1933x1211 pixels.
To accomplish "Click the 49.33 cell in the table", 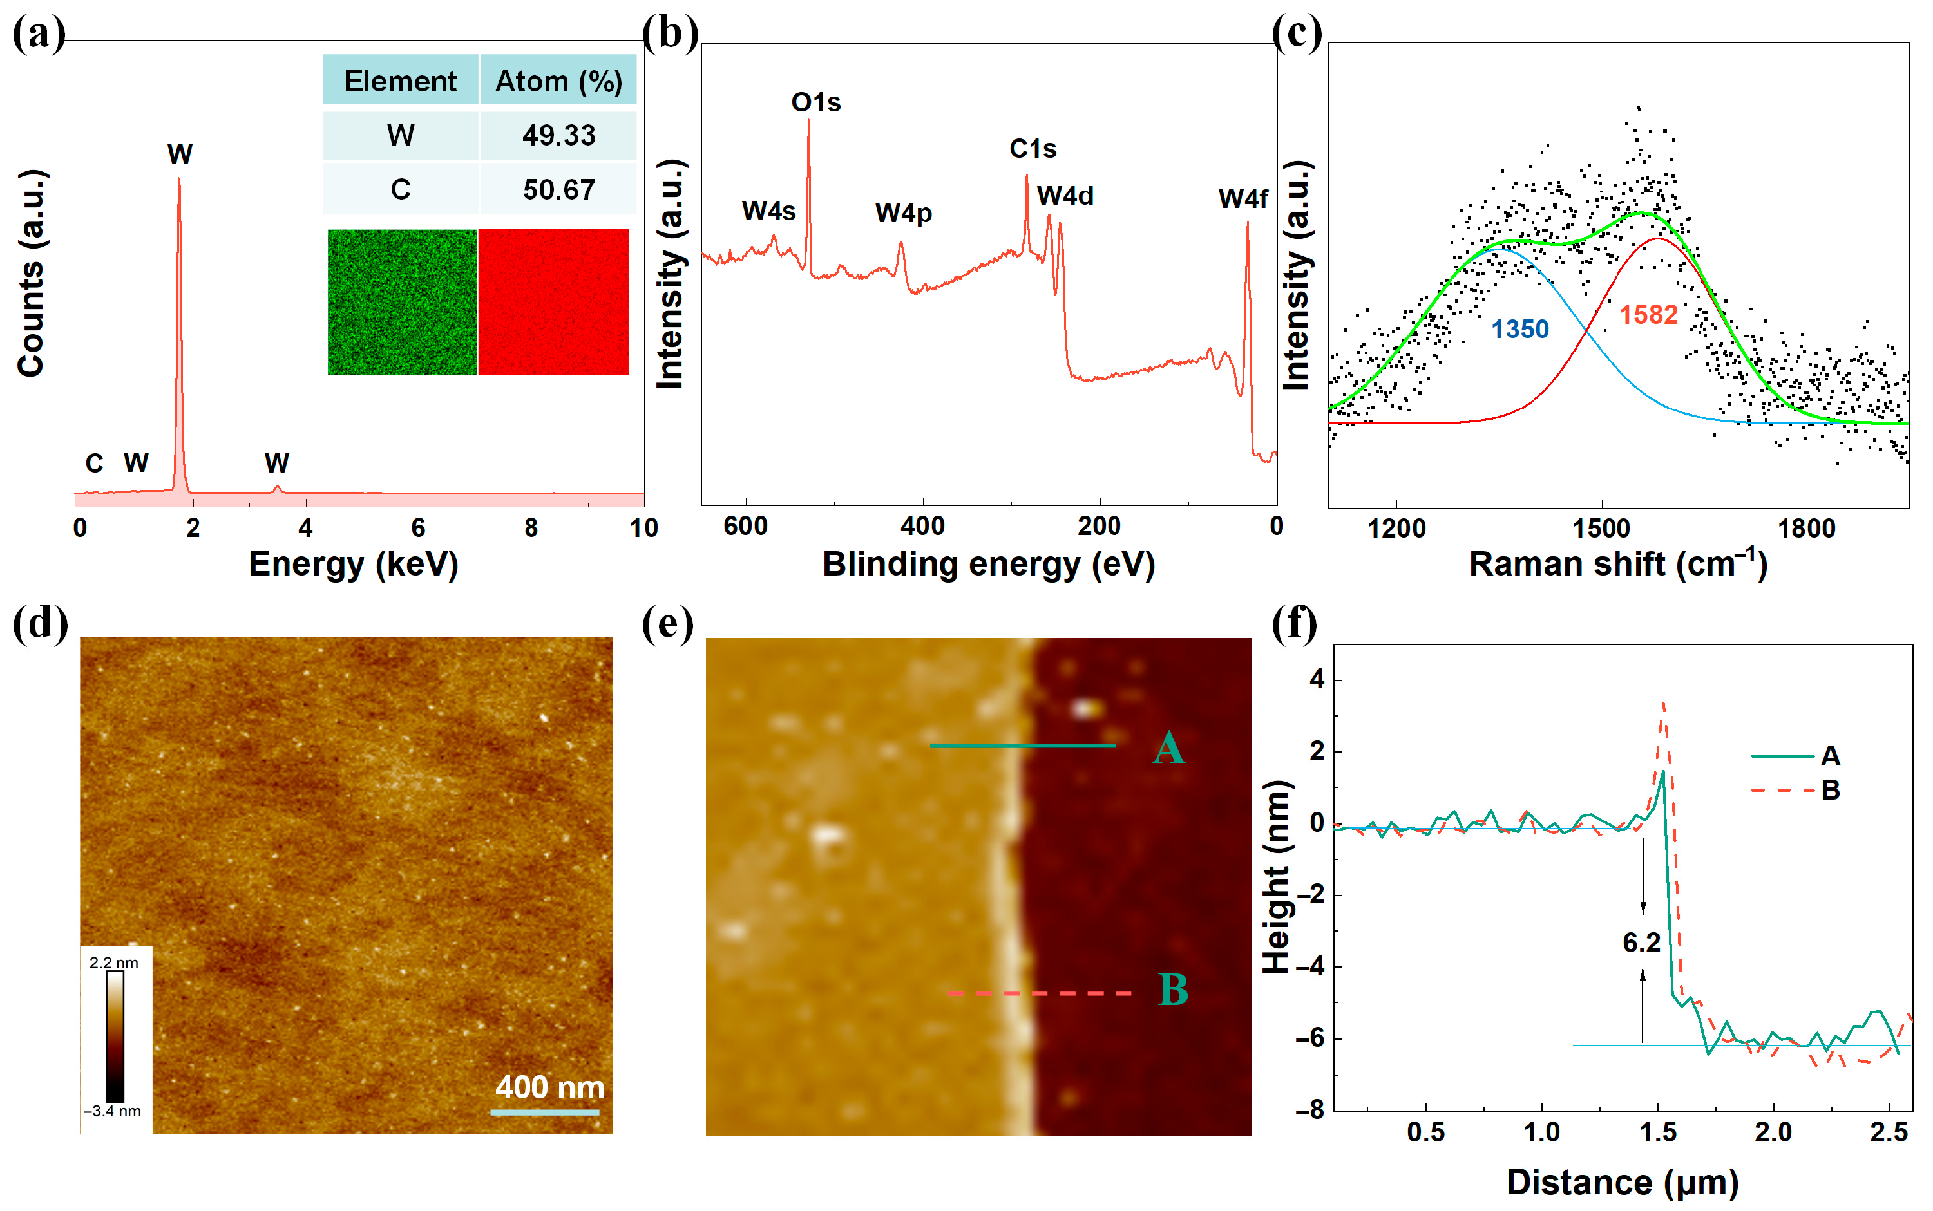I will click(558, 135).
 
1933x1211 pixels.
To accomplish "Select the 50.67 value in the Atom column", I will click(558, 190).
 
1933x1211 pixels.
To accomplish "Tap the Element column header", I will click(400, 81).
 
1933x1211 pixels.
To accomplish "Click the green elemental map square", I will click(402, 302).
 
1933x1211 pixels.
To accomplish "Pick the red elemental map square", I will click(553, 302).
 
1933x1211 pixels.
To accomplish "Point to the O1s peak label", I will click(815, 102).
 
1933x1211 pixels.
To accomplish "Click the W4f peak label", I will click(1242, 199).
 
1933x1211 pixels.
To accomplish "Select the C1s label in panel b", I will click(1032, 149).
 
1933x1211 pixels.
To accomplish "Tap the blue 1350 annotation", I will click(1519, 329).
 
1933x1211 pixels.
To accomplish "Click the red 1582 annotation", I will click(1648, 315).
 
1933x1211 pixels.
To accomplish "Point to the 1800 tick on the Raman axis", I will click(1805, 529).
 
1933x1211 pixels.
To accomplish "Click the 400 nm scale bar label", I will click(549, 1087).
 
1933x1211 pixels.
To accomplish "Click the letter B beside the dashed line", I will click(1173, 990).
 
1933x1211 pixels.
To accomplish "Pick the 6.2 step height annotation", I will click(1641, 943).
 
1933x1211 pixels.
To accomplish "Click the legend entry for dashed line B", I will click(1795, 791).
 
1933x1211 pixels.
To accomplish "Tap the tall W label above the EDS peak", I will click(180, 154).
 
